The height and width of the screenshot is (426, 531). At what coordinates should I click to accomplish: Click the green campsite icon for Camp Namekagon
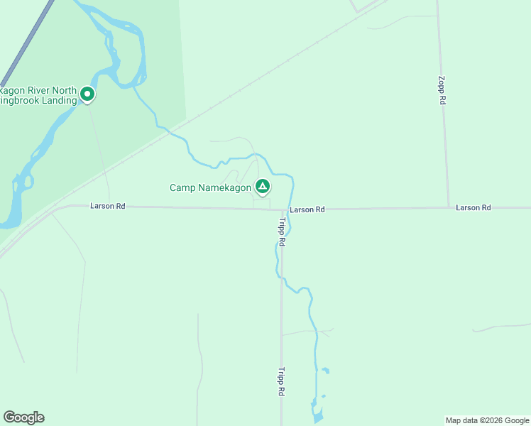[263, 187]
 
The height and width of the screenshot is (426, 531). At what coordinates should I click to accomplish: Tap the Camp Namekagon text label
[210, 187]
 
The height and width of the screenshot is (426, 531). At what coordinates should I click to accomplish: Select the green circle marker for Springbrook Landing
[87, 93]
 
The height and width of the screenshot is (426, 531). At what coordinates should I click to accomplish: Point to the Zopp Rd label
[442, 91]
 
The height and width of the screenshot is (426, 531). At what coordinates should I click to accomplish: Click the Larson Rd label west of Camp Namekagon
[108, 206]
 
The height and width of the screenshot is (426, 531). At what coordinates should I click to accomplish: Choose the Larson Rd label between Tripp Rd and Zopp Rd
[307, 209]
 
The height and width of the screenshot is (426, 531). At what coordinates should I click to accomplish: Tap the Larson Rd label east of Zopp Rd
[473, 207]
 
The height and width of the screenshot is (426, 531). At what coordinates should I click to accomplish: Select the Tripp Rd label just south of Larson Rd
[282, 232]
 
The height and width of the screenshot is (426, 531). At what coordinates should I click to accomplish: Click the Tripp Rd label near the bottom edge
[282, 381]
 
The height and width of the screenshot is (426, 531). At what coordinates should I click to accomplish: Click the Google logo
[23, 417]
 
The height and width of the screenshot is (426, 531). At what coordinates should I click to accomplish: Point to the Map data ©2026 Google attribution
[487, 420]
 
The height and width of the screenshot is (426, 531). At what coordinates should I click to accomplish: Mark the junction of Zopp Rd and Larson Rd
[449, 208]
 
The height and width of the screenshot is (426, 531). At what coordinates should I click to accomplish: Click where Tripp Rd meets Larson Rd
[281, 209]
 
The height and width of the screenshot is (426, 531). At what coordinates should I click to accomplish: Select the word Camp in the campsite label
[182, 187]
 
